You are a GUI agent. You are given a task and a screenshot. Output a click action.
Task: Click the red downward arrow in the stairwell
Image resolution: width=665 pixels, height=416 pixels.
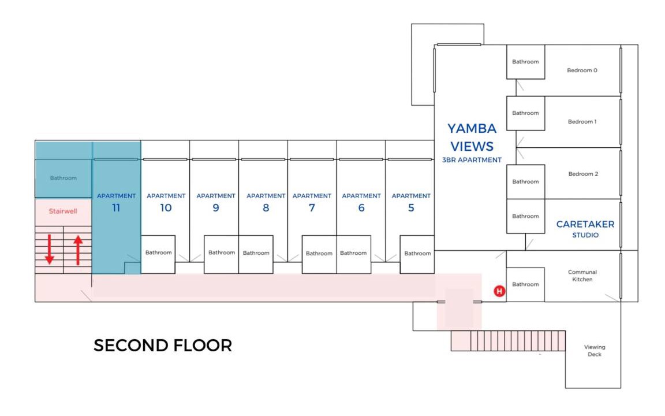(x=50, y=250)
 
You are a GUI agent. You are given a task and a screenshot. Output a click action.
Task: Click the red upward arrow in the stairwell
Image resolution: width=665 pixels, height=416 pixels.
(x=78, y=250)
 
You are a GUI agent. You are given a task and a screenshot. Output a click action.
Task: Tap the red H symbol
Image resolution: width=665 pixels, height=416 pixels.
(x=499, y=291)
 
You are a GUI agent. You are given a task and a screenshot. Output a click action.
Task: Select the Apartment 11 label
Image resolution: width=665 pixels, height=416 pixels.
(x=116, y=202)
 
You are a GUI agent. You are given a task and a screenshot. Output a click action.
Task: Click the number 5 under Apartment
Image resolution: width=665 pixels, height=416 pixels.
(x=411, y=208)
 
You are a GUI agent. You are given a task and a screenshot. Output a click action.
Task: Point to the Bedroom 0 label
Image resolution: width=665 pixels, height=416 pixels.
(x=582, y=70)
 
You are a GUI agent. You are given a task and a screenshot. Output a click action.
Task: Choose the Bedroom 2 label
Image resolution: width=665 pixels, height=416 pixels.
(x=582, y=174)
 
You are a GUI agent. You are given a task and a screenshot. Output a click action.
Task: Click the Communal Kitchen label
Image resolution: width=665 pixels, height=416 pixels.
(x=582, y=276)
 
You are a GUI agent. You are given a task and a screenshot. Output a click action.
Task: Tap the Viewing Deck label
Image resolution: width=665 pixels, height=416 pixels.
(x=595, y=351)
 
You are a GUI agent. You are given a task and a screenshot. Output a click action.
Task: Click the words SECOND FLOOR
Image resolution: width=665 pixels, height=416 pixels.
(x=163, y=346)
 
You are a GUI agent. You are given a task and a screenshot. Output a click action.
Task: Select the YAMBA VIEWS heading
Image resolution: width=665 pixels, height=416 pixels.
(x=472, y=137)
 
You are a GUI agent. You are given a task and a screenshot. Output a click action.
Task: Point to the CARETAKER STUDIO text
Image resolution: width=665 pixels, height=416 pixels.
(x=585, y=229)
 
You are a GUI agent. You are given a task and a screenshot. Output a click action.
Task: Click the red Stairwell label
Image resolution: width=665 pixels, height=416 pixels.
(x=63, y=211)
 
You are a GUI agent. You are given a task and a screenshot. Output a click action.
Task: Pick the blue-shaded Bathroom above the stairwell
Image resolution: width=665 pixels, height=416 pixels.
(x=63, y=178)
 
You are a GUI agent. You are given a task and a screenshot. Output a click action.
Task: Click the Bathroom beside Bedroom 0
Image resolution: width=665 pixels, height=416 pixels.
(x=525, y=62)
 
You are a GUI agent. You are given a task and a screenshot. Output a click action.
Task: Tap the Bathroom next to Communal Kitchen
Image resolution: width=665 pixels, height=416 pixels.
(x=525, y=284)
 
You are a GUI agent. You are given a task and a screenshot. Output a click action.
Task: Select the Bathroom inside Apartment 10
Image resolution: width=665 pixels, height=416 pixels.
(x=158, y=252)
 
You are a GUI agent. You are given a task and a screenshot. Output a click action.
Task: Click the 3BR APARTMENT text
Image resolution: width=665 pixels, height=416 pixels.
(x=472, y=160)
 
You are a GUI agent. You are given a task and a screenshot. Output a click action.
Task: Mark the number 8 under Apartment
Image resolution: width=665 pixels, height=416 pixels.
(x=266, y=208)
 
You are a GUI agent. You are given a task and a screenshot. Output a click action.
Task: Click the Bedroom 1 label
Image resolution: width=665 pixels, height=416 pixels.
(x=582, y=122)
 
